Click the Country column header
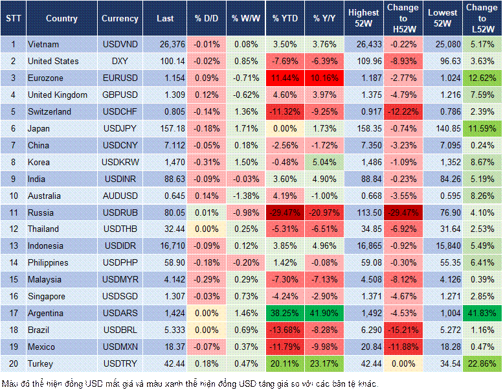[x=61, y=19]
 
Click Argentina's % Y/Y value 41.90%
[x=326, y=313]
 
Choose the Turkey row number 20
[x=12, y=363]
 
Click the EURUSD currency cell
[x=120, y=78]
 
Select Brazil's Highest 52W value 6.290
[x=363, y=330]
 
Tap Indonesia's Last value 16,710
[x=165, y=246]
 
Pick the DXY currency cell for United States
[x=120, y=61]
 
